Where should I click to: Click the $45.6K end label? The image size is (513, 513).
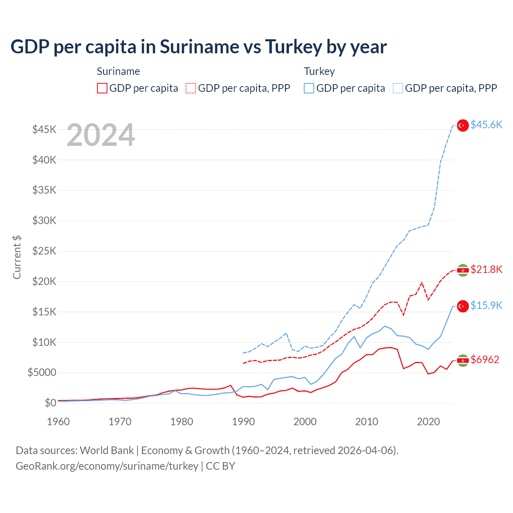tap(486, 125)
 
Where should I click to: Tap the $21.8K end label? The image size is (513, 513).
tap(486, 269)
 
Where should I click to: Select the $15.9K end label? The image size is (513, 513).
tap(486, 305)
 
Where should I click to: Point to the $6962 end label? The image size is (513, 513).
tap(485, 360)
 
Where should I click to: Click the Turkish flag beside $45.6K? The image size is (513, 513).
tap(463, 125)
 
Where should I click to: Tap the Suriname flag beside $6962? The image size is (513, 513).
tap(463, 361)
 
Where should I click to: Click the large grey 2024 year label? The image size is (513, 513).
tap(101, 135)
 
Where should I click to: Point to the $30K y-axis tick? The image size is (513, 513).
tap(44, 220)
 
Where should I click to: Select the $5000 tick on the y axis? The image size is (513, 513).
tap(42, 373)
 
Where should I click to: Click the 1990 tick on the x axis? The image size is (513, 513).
tap(243, 422)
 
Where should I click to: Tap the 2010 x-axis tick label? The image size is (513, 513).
tap(367, 422)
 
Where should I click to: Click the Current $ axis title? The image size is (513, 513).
tap(17, 257)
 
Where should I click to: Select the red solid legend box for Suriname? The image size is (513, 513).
tap(102, 88)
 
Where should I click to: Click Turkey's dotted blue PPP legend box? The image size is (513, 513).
tap(398, 88)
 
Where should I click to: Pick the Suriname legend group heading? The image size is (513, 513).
tap(118, 71)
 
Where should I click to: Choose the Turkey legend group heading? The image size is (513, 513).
tap(319, 71)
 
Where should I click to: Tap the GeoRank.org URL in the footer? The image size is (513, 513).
tap(107, 466)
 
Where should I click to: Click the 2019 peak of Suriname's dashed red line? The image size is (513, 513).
tap(422, 283)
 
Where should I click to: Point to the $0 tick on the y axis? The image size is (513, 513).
tap(50, 403)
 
